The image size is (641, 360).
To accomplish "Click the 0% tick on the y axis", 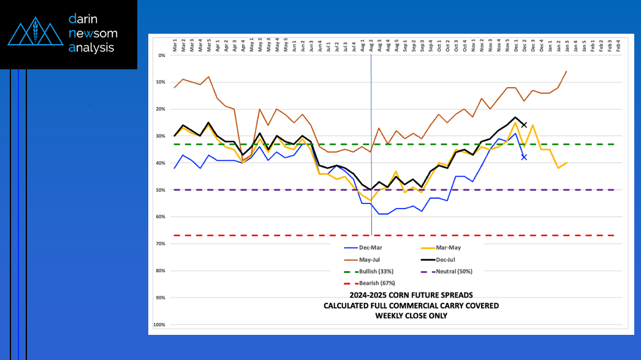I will pos(162,55).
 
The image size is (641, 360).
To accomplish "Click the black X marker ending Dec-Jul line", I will pos(524,125).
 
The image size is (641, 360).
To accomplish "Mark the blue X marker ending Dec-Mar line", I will pos(524,158).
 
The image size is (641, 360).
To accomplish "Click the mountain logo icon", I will pos(36,34).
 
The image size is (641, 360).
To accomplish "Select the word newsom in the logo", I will pos(93,33).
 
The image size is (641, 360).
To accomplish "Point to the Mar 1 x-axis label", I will pos(175,45).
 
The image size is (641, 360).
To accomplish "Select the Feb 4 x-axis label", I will pos(618,45).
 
